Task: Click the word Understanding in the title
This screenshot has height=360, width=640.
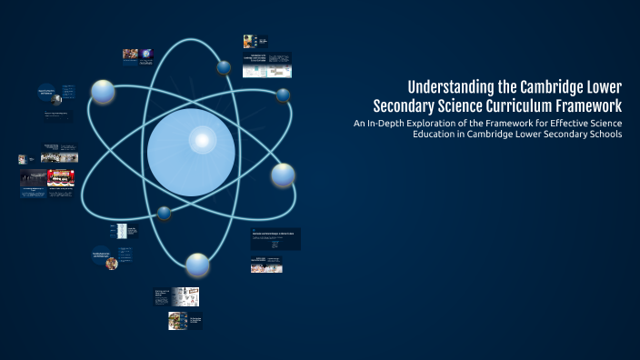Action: click(x=452, y=87)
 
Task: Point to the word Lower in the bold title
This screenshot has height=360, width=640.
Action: click(x=605, y=87)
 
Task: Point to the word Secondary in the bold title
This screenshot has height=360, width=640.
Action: click(x=408, y=105)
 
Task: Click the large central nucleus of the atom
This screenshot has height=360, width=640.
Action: click(x=191, y=152)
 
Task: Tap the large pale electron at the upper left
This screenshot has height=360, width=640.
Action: click(x=103, y=91)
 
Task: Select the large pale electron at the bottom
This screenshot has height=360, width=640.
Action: click(x=197, y=265)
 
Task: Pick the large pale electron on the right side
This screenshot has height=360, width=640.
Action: click(x=283, y=174)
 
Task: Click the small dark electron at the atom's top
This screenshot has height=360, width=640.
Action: click(x=224, y=66)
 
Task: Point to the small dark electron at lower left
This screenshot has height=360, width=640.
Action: click(x=164, y=213)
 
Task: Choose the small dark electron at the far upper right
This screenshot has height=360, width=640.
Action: click(x=283, y=95)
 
